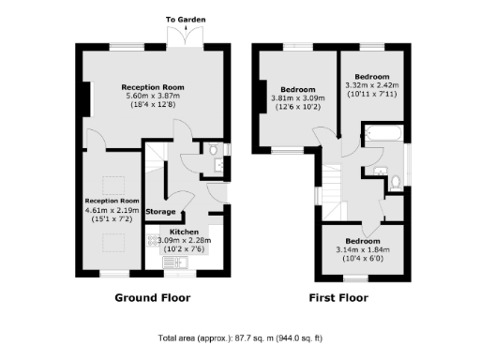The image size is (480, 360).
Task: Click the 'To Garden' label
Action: pyautogui.click(x=185, y=19)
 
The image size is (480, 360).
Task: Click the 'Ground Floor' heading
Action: pyautogui.click(x=152, y=298)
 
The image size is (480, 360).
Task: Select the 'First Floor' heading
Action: pyautogui.click(x=338, y=298)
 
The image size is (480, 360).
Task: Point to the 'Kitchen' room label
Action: pyautogui.click(x=184, y=231)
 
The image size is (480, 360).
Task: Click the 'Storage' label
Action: pyautogui.click(x=161, y=213)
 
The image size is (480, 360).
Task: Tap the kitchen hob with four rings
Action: pyautogui.click(x=155, y=240)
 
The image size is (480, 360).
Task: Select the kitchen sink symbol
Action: pyautogui.click(x=176, y=262)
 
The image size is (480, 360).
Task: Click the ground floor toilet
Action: pyautogui.click(x=216, y=150)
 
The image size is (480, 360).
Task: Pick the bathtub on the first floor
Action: pyautogui.click(x=382, y=147)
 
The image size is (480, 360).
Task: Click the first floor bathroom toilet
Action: pyautogui.click(x=397, y=181)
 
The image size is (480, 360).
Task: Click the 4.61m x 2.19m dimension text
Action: pyautogui.click(x=112, y=209)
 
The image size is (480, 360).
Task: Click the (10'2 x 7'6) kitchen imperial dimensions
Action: pyautogui.click(x=185, y=249)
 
